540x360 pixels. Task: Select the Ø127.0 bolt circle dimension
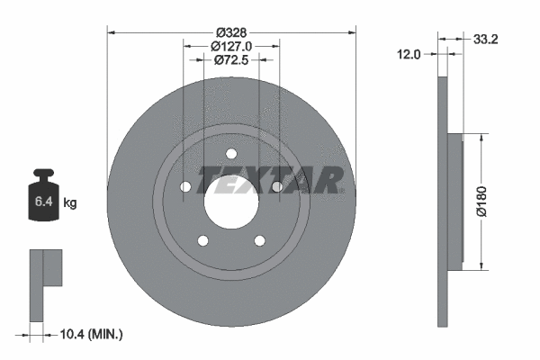[x=230, y=45]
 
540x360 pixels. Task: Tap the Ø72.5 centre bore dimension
[x=230, y=59]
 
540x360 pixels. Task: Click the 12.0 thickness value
[x=410, y=54]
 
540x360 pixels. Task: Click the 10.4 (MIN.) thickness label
[x=90, y=334]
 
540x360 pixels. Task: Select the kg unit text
[x=70, y=203]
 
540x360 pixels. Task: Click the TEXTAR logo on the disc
[x=270, y=180]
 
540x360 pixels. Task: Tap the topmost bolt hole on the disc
[x=230, y=152]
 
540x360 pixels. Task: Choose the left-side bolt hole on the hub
[x=184, y=186]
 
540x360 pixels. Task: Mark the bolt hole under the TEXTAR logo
[x=276, y=186]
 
